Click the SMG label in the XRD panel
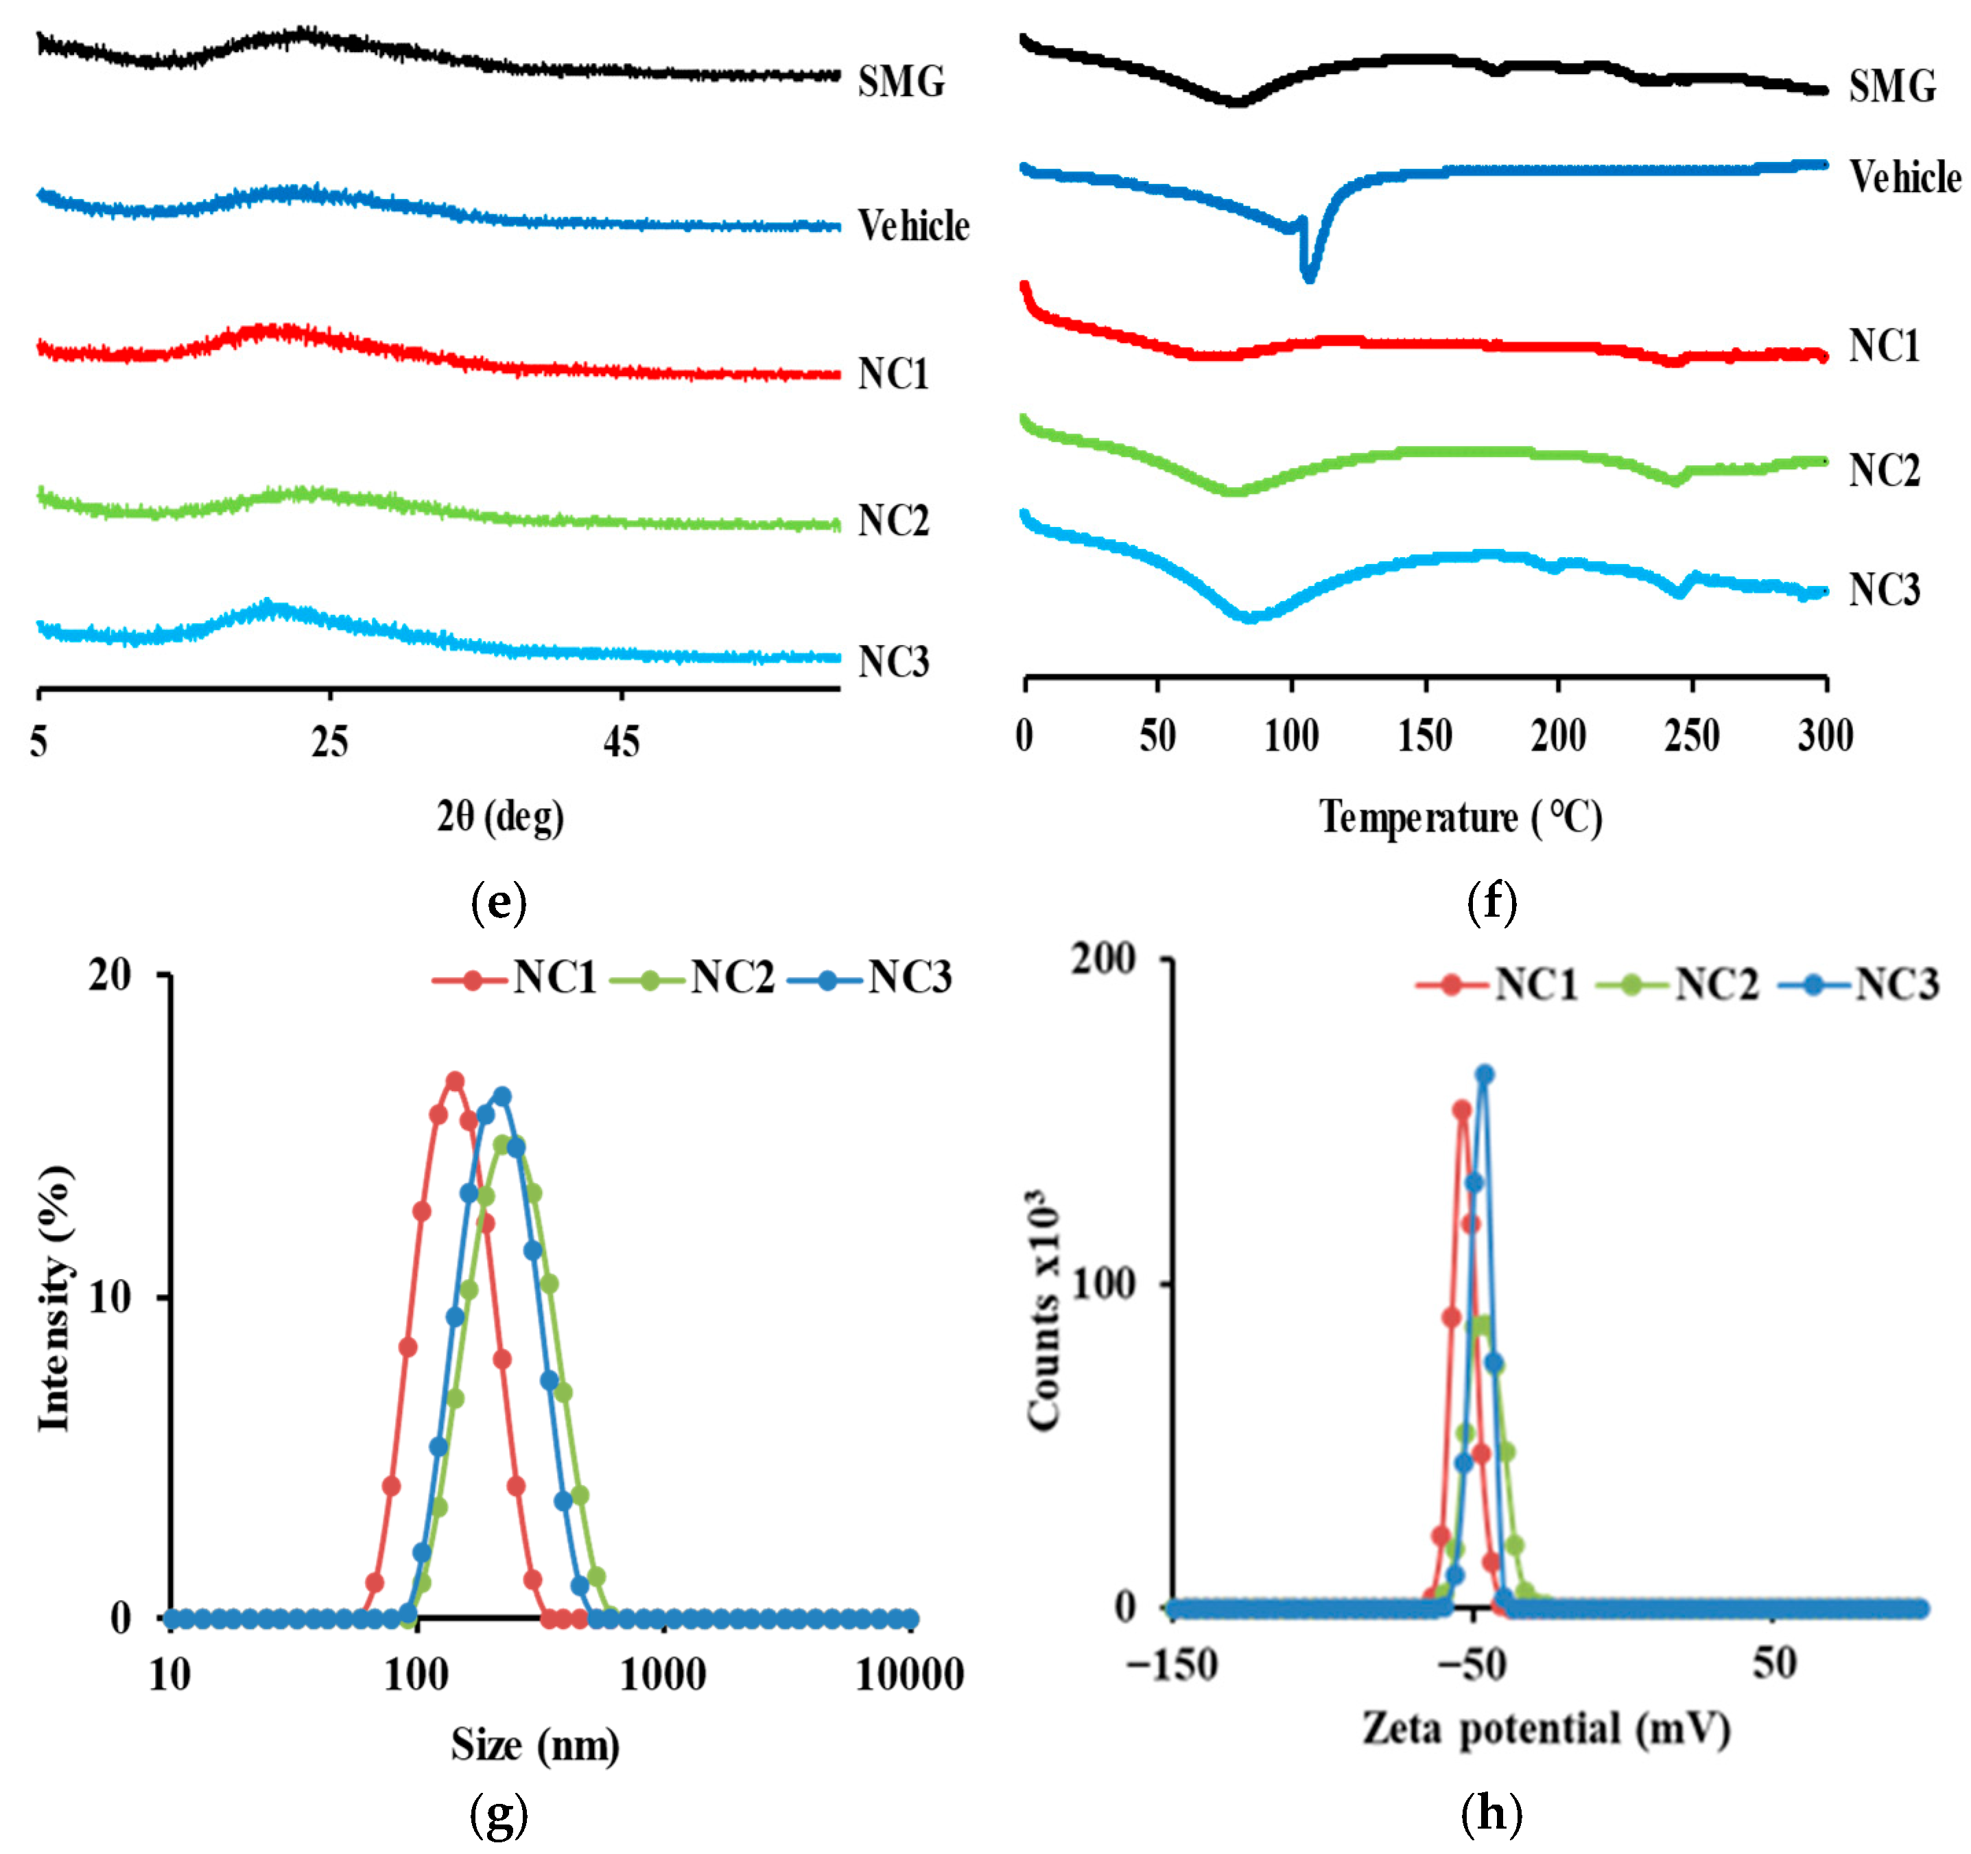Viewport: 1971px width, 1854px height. tap(900, 81)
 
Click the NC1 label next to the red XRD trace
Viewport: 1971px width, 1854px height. tap(893, 374)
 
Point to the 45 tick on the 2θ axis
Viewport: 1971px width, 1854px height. tap(622, 742)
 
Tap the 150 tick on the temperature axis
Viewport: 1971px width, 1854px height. tap(1425, 736)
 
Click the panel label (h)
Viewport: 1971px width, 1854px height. tap(1491, 1814)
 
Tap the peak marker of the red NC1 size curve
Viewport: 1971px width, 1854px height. tap(455, 1081)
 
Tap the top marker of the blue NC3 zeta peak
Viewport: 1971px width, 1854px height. tap(1484, 1075)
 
